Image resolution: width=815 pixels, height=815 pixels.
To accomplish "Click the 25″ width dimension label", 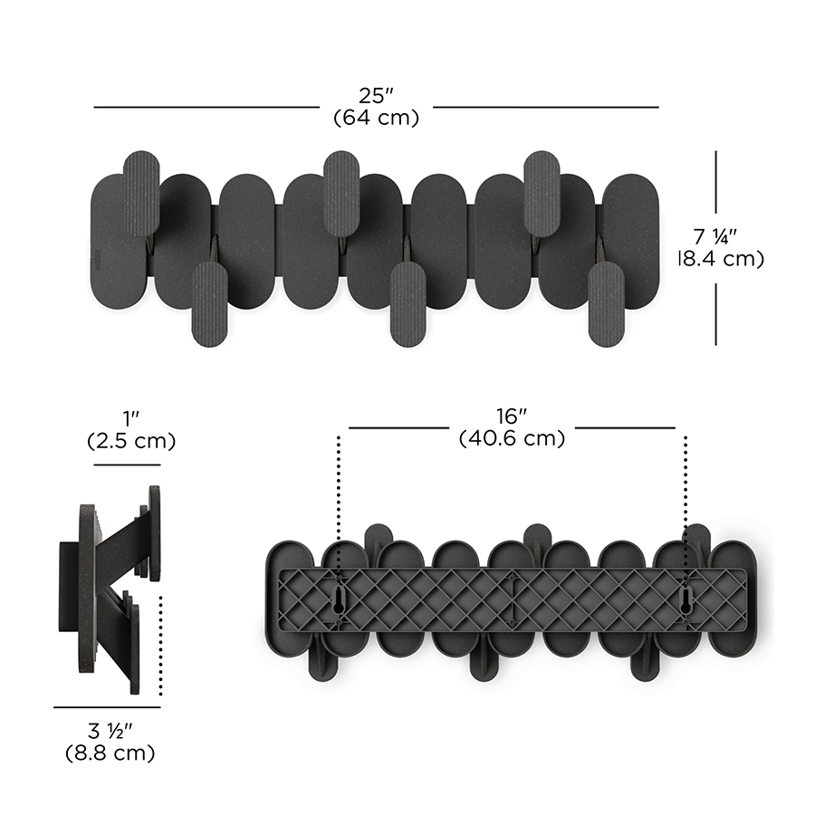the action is (376, 96).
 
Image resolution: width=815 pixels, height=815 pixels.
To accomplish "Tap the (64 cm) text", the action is (376, 118).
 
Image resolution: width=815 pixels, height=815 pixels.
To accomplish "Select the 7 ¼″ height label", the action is (715, 237).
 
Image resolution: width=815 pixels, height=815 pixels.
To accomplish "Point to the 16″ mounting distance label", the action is (512, 417).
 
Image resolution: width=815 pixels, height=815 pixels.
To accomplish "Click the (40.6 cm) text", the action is (512, 438).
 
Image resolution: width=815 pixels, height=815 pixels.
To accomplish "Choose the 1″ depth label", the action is (131, 419).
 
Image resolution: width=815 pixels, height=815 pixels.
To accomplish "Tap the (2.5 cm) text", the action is (131, 441).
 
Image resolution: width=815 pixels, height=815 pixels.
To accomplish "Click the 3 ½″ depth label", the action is (110, 731).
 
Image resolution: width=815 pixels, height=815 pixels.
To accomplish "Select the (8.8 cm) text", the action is (110, 753).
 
